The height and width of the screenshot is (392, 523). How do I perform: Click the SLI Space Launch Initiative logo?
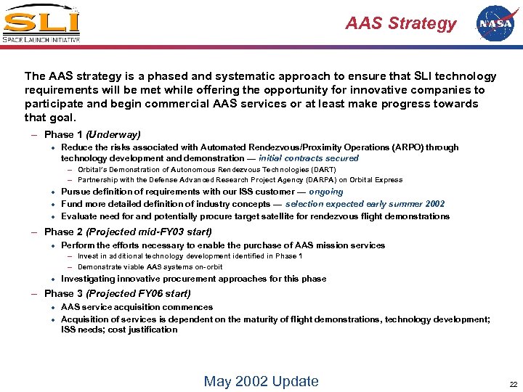pos(41,24)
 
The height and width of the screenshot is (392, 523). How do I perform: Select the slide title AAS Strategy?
pos(401,23)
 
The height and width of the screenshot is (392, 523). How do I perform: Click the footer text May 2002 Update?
pos(261,381)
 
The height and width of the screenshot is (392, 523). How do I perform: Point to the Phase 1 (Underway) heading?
pos(92,134)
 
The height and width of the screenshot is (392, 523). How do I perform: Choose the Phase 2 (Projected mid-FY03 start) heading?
pos(128,232)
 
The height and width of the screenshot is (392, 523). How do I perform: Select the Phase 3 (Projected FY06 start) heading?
pos(117,293)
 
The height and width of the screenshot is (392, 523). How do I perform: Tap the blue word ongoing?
pos(326,192)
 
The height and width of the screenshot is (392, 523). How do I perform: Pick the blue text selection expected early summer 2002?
pos(365,204)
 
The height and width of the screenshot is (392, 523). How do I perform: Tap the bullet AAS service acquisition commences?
pos(137,307)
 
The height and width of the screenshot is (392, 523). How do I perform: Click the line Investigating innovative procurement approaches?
pos(193,279)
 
